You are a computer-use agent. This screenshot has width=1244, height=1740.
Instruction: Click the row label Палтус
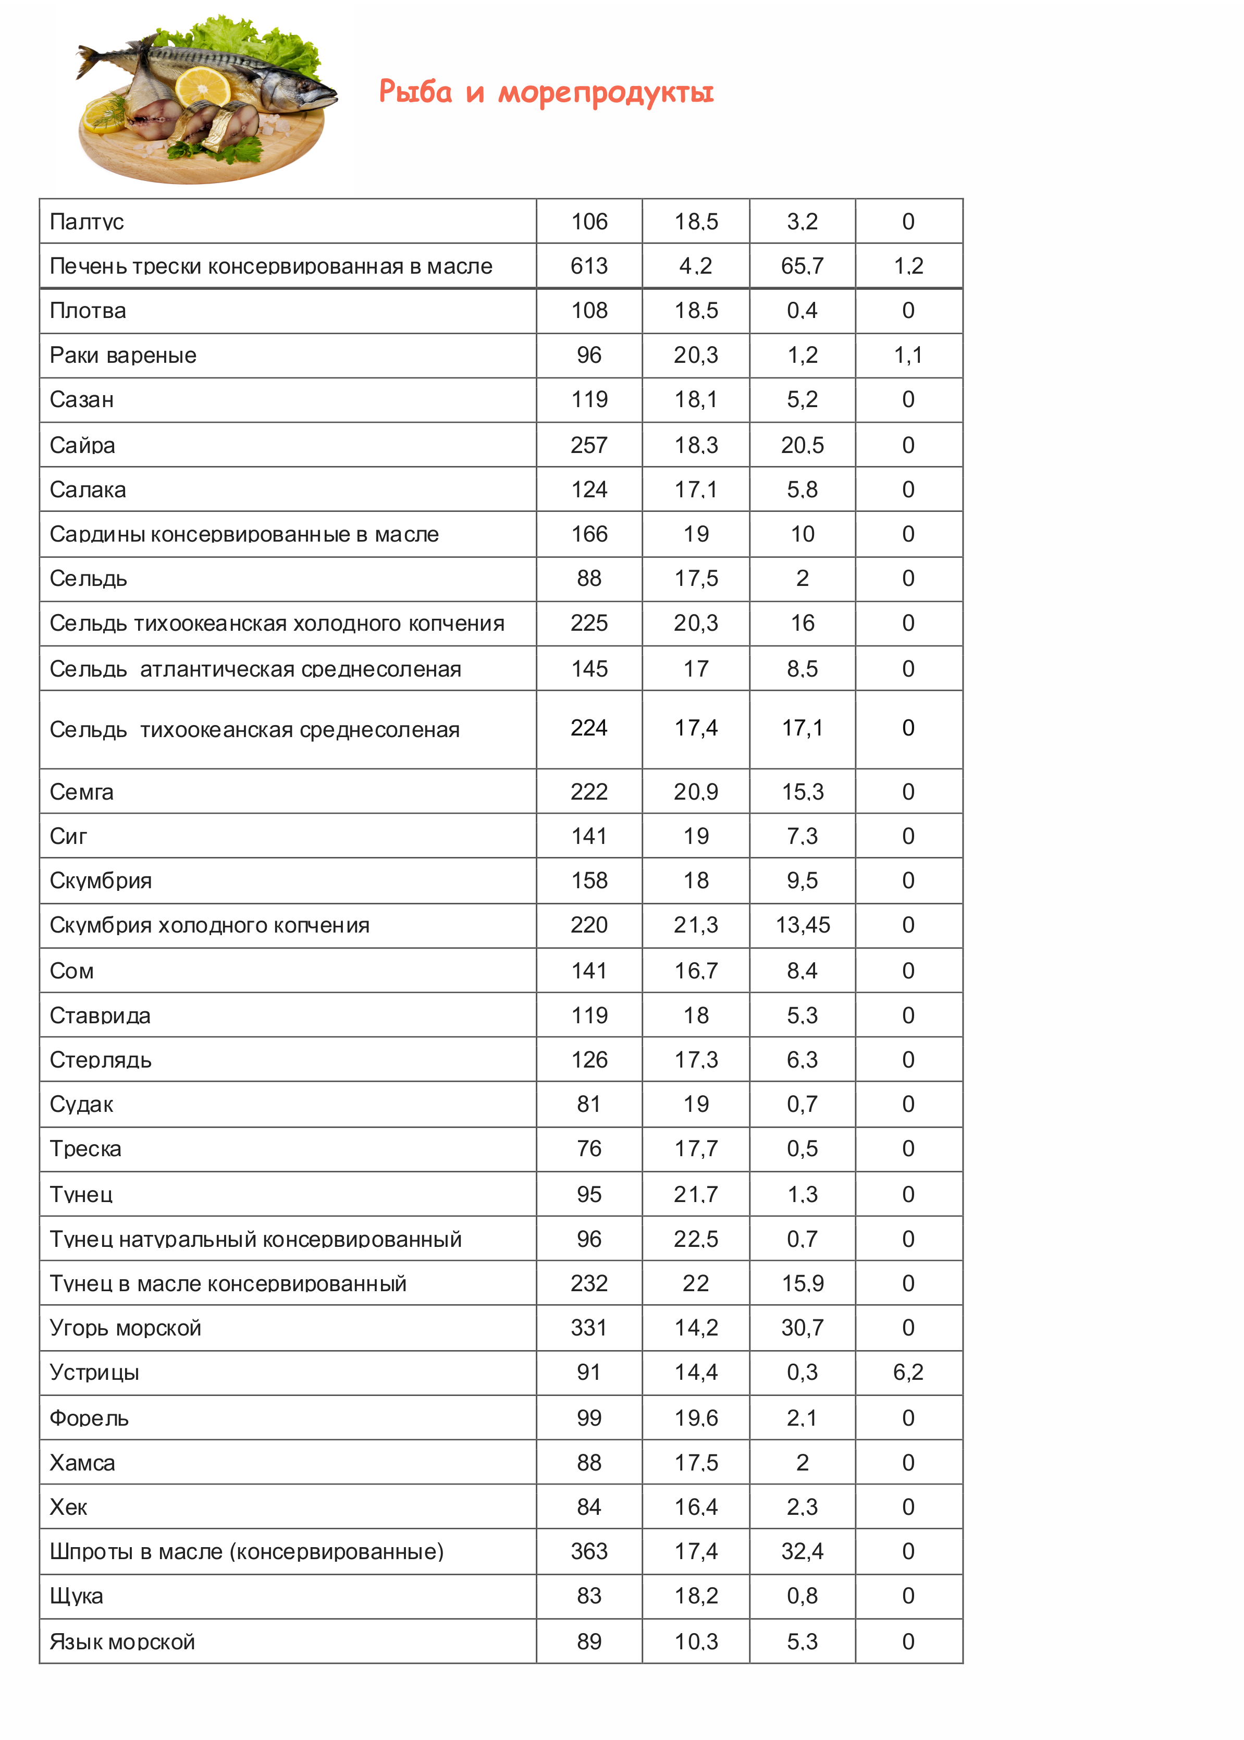coord(87,222)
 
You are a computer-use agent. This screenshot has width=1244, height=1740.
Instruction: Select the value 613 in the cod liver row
coord(588,266)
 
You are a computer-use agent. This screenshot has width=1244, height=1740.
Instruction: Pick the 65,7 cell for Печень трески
coord(802,266)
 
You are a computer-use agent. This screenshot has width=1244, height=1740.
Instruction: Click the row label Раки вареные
coord(122,356)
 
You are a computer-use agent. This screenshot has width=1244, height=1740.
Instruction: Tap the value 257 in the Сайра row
coord(588,445)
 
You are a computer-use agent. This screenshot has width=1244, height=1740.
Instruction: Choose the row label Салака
coord(88,489)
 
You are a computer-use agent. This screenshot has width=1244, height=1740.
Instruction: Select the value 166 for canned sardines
coord(588,534)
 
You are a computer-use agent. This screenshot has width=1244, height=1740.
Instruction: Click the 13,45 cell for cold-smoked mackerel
coord(802,925)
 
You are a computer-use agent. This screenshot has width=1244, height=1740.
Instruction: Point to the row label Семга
coord(81,791)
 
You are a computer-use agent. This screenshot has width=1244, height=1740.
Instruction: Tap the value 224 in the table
coord(588,728)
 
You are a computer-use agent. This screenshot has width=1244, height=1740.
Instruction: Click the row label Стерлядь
coord(101,1060)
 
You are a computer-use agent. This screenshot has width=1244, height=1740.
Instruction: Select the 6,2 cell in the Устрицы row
coord(908,1372)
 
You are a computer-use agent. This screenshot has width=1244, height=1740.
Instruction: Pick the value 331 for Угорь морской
coord(588,1328)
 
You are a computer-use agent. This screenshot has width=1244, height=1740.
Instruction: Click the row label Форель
coord(89,1418)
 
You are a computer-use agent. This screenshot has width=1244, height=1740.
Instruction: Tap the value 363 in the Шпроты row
coord(588,1551)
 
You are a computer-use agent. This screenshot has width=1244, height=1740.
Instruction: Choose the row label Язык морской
coord(122,1642)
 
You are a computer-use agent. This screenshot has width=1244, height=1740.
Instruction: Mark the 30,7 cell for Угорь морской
coord(802,1328)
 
